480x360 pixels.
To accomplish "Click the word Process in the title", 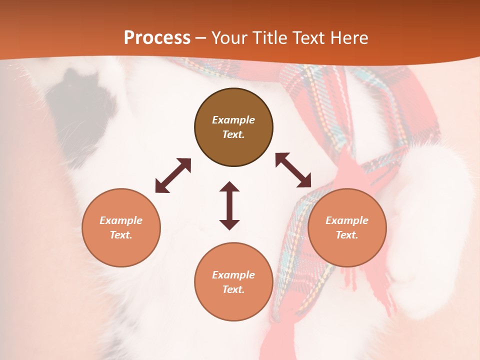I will coord(157,38).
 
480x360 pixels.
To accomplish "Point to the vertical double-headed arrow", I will coord(229,205).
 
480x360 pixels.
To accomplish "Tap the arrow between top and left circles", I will coord(173,175).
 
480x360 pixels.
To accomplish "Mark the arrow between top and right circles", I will coord(293,170).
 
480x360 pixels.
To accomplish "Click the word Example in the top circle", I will coord(233,120).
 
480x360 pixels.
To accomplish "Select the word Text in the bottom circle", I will coord(233,289).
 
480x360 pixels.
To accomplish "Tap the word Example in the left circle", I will coord(121,220).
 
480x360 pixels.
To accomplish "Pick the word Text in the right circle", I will coord(347,235).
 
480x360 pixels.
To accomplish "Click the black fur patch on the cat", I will coord(82,107).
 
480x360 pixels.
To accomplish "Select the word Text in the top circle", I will coord(233,134).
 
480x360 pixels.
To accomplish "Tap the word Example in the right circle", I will coord(347,220).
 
